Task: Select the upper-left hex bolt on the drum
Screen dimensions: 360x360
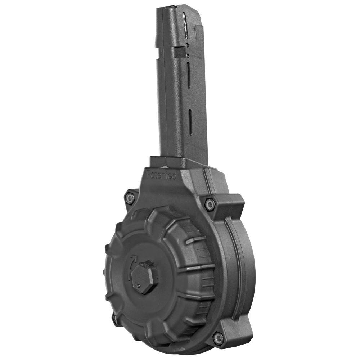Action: tap(130, 198)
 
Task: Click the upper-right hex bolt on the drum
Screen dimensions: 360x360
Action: tap(210, 204)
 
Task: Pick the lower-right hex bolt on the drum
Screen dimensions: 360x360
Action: tap(218, 337)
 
